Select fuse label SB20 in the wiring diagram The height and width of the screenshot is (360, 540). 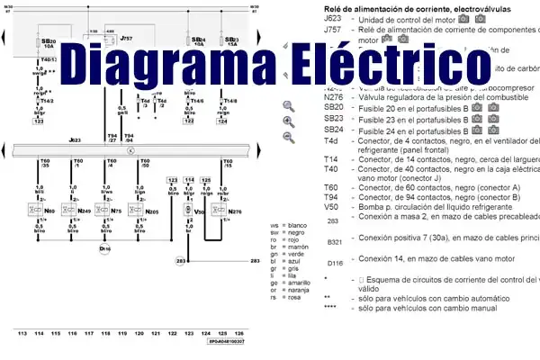click(x=49, y=41)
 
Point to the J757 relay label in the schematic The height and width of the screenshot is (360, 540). click(x=126, y=39)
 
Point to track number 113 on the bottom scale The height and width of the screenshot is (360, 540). click(x=22, y=332)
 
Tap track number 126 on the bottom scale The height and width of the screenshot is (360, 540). click(x=235, y=332)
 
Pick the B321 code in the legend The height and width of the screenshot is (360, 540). click(x=335, y=240)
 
